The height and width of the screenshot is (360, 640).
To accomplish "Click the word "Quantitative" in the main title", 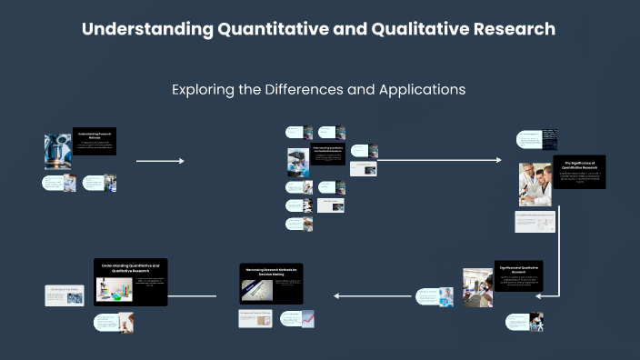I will click(x=270, y=29).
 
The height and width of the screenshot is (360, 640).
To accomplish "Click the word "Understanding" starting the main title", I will click(x=145, y=29).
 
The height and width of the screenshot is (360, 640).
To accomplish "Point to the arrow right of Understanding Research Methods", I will click(x=159, y=161).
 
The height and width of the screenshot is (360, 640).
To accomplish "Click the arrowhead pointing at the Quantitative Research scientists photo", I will click(x=497, y=161).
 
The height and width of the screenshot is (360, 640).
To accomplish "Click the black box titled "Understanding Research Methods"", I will click(x=95, y=141).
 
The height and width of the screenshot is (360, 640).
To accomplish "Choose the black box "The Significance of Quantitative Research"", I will click(x=580, y=172).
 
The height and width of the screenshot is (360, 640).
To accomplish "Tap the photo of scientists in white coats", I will click(x=535, y=185).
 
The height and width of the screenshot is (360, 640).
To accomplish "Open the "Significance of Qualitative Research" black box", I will click(x=519, y=277).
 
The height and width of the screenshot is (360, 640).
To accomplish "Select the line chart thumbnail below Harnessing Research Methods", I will click(x=309, y=319).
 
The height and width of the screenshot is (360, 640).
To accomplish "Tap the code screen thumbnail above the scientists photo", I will click(x=550, y=138).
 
